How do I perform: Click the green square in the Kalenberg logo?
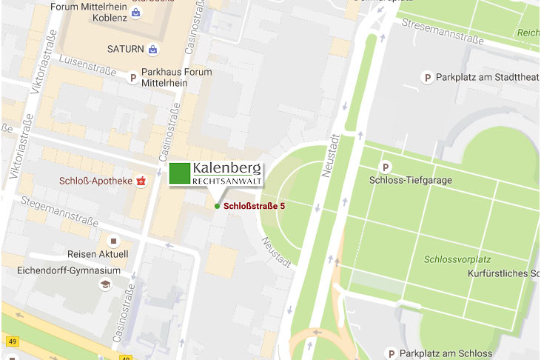178,172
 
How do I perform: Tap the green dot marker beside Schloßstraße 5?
216,206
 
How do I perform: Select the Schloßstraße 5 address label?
254,206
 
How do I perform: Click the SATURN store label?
126,49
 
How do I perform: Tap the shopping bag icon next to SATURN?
152,49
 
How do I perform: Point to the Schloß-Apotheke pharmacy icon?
141,181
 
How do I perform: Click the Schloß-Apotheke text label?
96,181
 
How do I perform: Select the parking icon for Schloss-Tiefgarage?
384,167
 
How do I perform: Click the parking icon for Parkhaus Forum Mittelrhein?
133,77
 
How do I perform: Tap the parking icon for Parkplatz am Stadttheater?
426,77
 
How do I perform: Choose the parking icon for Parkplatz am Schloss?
392,353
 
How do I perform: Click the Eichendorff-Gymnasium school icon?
105,284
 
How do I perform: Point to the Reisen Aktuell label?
98,254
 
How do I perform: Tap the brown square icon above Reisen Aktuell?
113,241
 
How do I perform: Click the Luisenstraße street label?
87,65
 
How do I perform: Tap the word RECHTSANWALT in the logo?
225,180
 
